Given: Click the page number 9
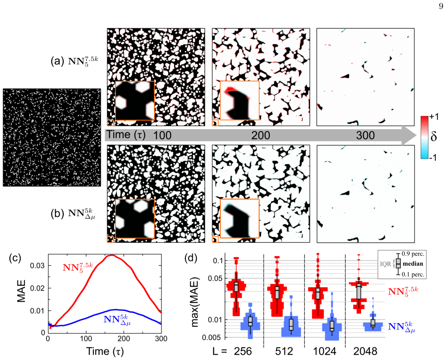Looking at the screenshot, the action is tap(441, 6).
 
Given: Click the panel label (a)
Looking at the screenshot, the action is tap(57, 61).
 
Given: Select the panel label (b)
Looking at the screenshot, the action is tap(57, 214).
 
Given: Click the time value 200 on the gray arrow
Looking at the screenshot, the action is tap(261, 135).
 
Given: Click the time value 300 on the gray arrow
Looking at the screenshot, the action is tap(365, 135).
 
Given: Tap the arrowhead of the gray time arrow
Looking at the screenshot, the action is tap(410, 135).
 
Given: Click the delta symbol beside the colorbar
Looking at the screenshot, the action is tap(434, 136).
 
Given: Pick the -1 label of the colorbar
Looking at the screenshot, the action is tap(433, 157).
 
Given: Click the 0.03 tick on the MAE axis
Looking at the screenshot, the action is tap(38, 266).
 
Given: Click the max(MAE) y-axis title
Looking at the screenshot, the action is tap(195, 302).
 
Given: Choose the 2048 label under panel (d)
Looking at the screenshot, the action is tap(365, 352).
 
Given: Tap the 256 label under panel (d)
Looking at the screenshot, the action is tap(243, 352).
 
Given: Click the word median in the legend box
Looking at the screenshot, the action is tap(413, 264).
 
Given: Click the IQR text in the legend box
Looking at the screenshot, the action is tap(385, 264).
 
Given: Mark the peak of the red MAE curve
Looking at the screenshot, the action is tap(111, 255).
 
